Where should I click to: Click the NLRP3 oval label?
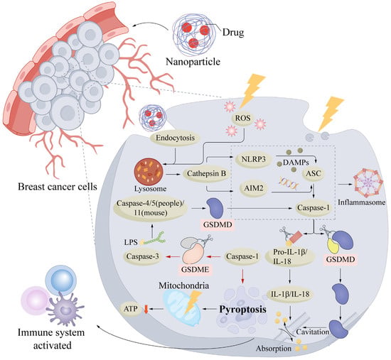pos(254,159)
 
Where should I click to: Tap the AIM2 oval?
pos(254,188)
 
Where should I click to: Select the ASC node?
pos(314,173)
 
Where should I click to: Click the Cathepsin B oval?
pos(206,173)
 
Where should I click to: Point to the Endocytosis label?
pos(175,138)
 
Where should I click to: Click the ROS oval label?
pos(242,118)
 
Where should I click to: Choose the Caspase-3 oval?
pos(143,256)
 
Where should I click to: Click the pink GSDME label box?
pos(195,269)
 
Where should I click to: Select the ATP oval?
pos(131,309)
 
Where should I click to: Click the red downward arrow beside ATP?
pos(146,309)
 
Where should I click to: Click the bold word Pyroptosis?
pos(242,310)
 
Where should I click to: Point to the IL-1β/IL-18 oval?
pos(290,294)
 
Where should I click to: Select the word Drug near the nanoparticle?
pos(233,32)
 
